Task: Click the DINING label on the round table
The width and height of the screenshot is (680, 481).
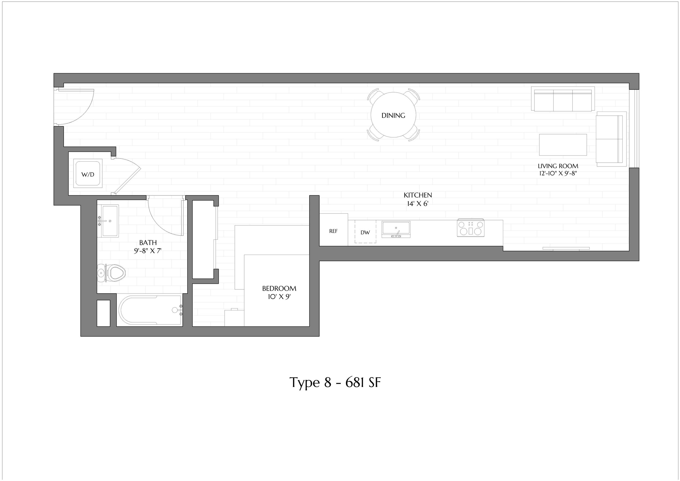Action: pyautogui.click(x=393, y=116)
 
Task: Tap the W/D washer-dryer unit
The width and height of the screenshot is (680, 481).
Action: pyautogui.click(x=88, y=174)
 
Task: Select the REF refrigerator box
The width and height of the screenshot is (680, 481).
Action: pyautogui.click(x=333, y=230)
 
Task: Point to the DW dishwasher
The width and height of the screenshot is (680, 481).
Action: pyautogui.click(x=366, y=232)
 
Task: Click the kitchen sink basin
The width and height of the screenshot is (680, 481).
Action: pyautogui.click(x=396, y=229)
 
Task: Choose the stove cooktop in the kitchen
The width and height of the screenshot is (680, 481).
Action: pyautogui.click(x=471, y=227)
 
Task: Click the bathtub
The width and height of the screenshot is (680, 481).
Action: pyautogui.click(x=150, y=310)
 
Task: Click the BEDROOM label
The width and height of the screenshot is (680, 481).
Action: pyautogui.click(x=279, y=288)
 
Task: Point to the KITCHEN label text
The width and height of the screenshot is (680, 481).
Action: pyautogui.click(x=418, y=195)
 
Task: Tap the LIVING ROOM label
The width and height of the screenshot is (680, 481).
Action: pyautogui.click(x=558, y=166)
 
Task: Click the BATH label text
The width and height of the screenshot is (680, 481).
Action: pyautogui.click(x=148, y=243)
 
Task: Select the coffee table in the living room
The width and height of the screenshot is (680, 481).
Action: pyautogui.click(x=563, y=144)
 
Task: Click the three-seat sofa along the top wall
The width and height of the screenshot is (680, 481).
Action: pyautogui.click(x=563, y=99)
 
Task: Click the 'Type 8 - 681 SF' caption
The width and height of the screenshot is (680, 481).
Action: pyautogui.click(x=335, y=382)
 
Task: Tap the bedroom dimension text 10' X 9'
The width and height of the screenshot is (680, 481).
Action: pyautogui.click(x=279, y=297)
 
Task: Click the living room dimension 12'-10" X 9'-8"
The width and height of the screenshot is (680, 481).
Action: pyautogui.click(x=558, y=173)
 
